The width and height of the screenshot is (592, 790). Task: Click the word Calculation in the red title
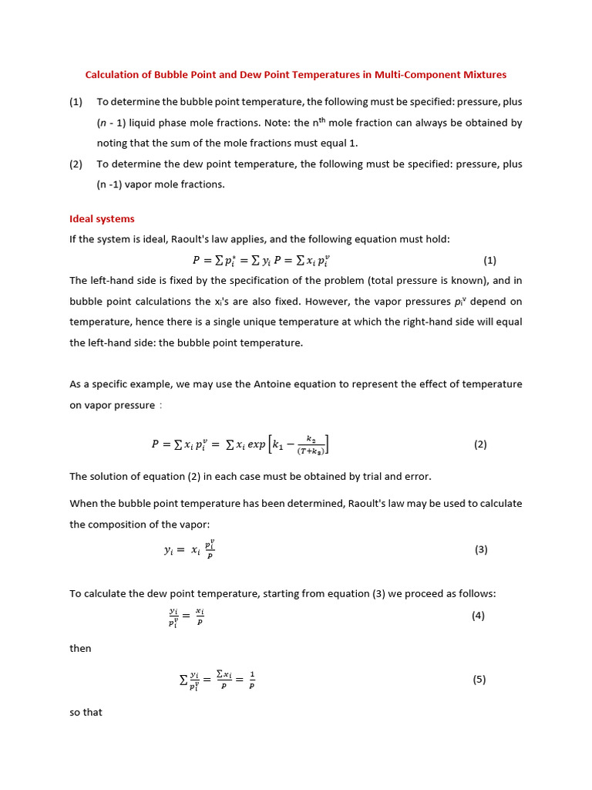click(112, 75)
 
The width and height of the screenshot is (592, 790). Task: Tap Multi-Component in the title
click(412, 75)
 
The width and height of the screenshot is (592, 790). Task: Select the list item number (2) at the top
click(76, 164)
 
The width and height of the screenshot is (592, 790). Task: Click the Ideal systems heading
click(102, 219)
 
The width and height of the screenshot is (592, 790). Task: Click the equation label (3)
click(482, 549)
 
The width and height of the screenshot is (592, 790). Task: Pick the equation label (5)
click(479, 680)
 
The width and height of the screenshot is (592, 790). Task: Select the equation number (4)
click(478, 616)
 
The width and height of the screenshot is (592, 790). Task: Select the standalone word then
click(80, 649)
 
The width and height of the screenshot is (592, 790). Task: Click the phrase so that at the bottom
click(86, 712)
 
